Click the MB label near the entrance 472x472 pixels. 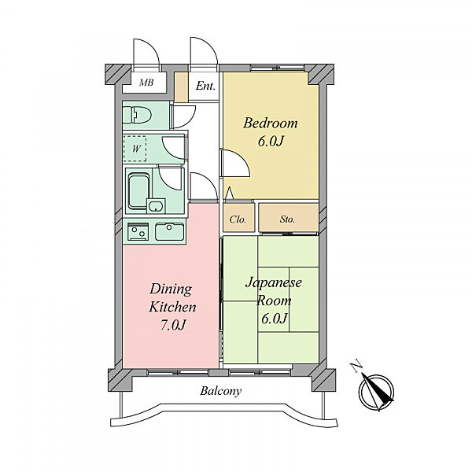[x=146, y=82]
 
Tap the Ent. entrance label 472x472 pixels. [x=205, y=86]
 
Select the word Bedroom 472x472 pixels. [x=271, y=124]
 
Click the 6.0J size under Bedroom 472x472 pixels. [x=271, y=141]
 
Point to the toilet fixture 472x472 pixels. [x=137, y=116]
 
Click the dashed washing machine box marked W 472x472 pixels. [x=135, y=149]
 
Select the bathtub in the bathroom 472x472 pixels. [x=138, y=192]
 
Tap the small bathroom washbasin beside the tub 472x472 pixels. [x=156, y=206]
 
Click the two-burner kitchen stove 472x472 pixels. [x=138, y=231]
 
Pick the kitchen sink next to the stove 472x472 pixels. [x=169, y=231]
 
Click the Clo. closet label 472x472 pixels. [x=238, y=219]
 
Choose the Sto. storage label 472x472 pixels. [x=287, y=219]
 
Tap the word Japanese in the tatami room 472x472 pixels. [x=274, y=282]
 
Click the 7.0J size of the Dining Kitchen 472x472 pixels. [x=172, y=325]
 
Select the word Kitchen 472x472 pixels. [x=172, y=307]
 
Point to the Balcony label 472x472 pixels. [x=221, y=391]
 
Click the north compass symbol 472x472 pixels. [x=376, y=393]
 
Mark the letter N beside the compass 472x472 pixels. [x=356, y=366]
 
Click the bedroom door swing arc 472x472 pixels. [x=236, y=163]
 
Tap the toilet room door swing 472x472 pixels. [x=183, y=116]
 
